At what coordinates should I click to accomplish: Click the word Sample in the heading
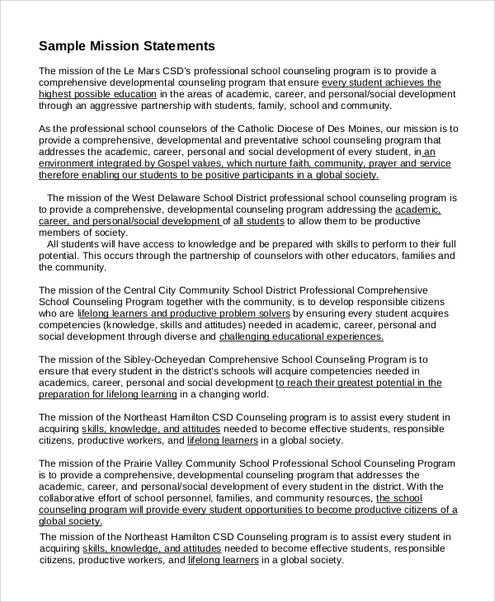click(x=63, y=45)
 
